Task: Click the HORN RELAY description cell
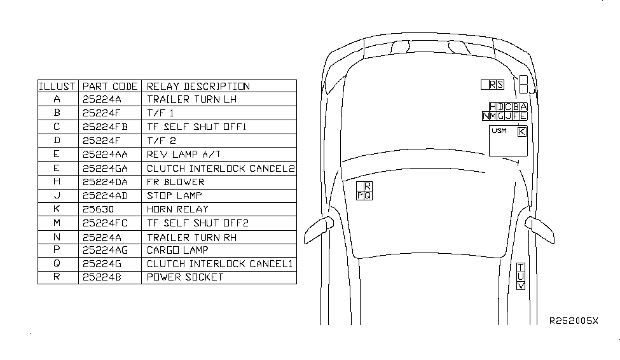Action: pos(177,209)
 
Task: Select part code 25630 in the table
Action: pos(98,209)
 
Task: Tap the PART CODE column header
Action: pos(110,87)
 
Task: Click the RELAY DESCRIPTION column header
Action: pos(198,87)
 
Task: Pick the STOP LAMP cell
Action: pos(174,195)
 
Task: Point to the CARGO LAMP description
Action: pos(177,250)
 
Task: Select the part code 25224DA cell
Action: pos(105,182)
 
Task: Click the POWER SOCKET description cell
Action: pos(185,277)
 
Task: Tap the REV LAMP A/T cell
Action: pos(184,155)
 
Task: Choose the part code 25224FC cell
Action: pos(105,223)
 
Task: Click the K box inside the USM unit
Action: pos(522,132)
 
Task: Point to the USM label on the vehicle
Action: pos(499,130)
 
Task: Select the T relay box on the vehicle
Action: pos(521,267)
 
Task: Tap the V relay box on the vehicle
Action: pos(521,285)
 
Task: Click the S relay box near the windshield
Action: pos(500,85)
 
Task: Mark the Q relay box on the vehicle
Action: pos(368,195)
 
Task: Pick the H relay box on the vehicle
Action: pos(493,107)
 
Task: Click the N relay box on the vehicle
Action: pos(486,116)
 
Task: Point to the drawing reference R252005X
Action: pos(574,321)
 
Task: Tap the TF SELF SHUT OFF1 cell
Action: pos(196,127)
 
